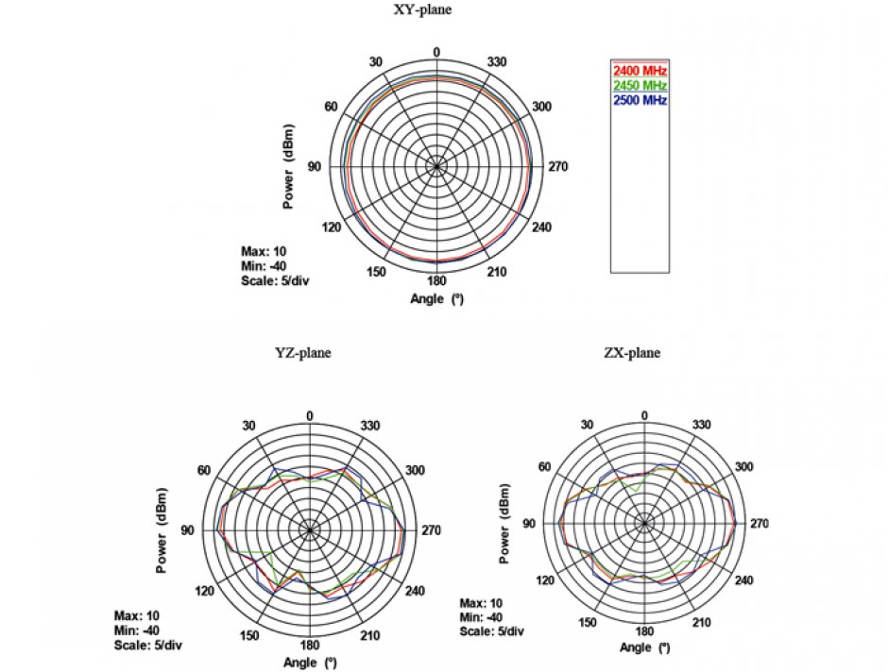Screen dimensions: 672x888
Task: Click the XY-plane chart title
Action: coord(436,10)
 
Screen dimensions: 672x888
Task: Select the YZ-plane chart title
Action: coord(303,353)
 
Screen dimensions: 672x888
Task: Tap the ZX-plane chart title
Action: coord(632,353)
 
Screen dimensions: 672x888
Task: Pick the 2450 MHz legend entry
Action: coord(640,86)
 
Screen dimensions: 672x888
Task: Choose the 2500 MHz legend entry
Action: coord(640,100)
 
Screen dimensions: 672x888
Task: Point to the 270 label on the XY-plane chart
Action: coord(558,166)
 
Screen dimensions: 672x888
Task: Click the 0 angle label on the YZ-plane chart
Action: coord(311,416)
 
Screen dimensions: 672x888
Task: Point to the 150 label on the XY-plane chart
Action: coord(376,273)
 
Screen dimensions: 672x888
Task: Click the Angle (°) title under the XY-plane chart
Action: coord(436,299)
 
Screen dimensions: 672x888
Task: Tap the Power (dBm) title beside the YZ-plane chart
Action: coord(163,531)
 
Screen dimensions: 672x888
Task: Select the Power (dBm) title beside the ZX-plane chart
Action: coord(504,524)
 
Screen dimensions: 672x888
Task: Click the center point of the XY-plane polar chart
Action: coord(436,166)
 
